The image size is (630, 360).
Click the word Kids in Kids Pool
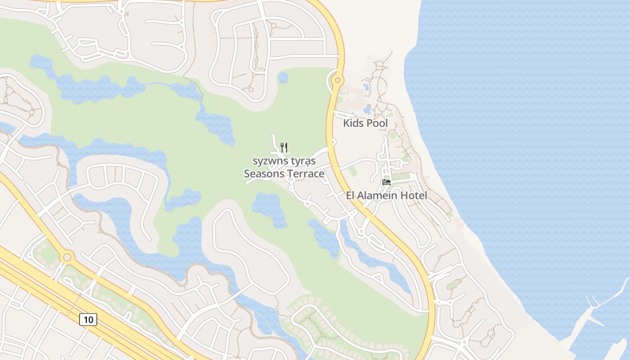pos(352,123)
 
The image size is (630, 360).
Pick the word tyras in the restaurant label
pos(302,161)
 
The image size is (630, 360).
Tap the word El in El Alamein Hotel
pos(351,196)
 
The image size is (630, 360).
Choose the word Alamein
pos(378,196)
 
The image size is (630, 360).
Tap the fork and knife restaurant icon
pos(284,147)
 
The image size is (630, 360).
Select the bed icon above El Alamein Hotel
pos(386,182)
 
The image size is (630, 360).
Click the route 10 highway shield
pos(88,319)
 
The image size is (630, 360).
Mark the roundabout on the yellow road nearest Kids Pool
pos(337,81)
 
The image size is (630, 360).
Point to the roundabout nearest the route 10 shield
pos(67,257)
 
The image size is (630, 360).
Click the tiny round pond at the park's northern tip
pos(283,78)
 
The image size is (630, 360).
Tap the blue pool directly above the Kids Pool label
pos(367,109)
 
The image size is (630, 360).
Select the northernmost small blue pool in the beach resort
pos(365,86)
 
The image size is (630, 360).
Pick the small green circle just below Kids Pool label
pos(393,135)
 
